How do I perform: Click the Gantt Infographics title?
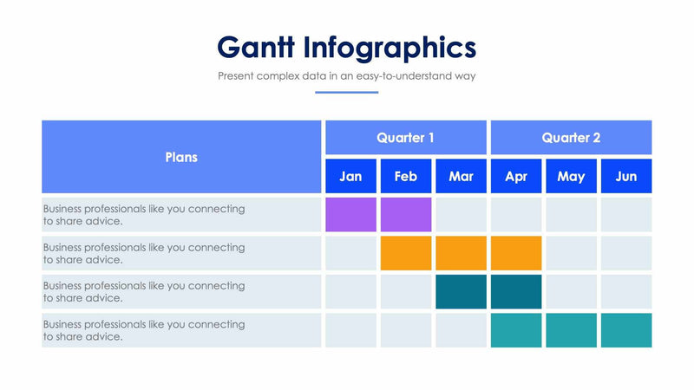346,46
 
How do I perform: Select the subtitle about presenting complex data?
346,76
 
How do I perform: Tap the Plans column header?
181,157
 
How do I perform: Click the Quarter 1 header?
405,138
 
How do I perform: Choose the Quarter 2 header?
571,138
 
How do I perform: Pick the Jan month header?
350,176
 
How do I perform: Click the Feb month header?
405,176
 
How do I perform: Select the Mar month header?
461,176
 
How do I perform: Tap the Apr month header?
516,176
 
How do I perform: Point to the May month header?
571,176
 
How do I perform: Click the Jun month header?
625,176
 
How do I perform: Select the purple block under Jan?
350,215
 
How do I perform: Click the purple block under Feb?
405,215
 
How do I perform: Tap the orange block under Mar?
461,253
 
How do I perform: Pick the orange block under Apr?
516,253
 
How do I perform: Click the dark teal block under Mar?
461,291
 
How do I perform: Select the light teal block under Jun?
625,330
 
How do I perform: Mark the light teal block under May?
571,330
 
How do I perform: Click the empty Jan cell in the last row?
350,330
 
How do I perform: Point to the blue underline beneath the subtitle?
346,92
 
